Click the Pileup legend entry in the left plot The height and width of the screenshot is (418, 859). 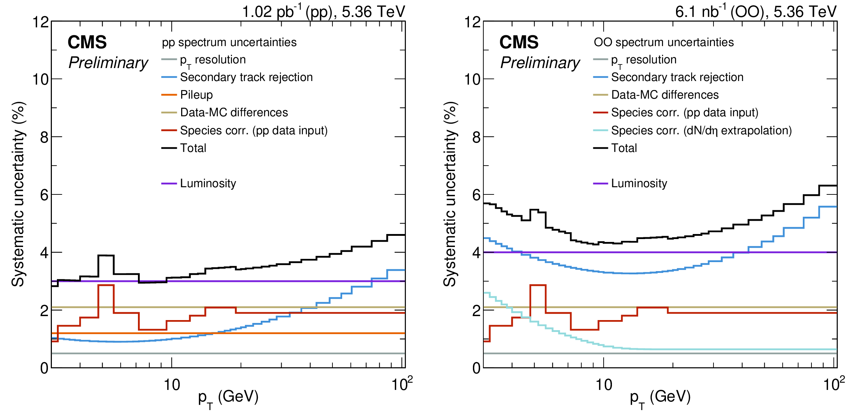point(196,95)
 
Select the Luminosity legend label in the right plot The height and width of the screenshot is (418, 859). point(639,183)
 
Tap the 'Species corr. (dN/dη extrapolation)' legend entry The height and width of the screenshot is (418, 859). point(701,130)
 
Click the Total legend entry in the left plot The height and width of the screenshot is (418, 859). point(193,148)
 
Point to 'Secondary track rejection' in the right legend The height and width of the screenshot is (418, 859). point(677,77)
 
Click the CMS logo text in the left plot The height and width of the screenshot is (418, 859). point(87,42)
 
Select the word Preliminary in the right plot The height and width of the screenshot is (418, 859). point(540,63)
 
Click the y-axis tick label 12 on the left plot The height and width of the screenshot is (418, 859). point(40,22)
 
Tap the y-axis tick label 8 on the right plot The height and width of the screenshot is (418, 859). point(476,137)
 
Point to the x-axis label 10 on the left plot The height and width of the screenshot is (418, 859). point(172,385)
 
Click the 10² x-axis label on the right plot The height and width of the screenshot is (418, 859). point(833,385)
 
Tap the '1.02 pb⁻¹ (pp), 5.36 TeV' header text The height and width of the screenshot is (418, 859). point(323,12)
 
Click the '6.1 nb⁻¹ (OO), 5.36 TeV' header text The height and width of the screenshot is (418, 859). point(756,12)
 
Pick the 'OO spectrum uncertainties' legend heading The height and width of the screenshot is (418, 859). point(663,42)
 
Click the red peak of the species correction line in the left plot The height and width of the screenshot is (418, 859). point(106,285)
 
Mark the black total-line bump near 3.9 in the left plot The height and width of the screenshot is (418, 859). point(106,256)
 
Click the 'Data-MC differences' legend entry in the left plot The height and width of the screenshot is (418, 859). point(234,112)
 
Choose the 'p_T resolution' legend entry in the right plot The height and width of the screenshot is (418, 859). point(644,60)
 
